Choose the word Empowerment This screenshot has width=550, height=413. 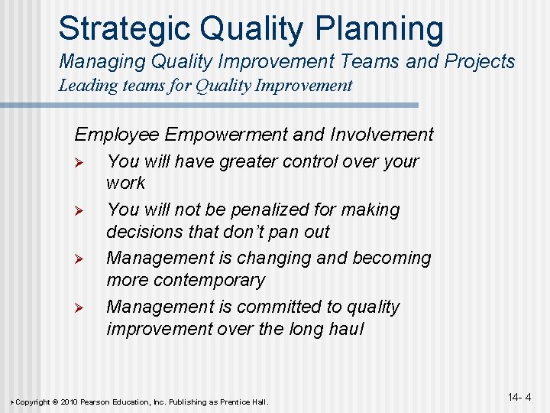coord(226,135)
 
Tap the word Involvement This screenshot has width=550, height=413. coord(382,135)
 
